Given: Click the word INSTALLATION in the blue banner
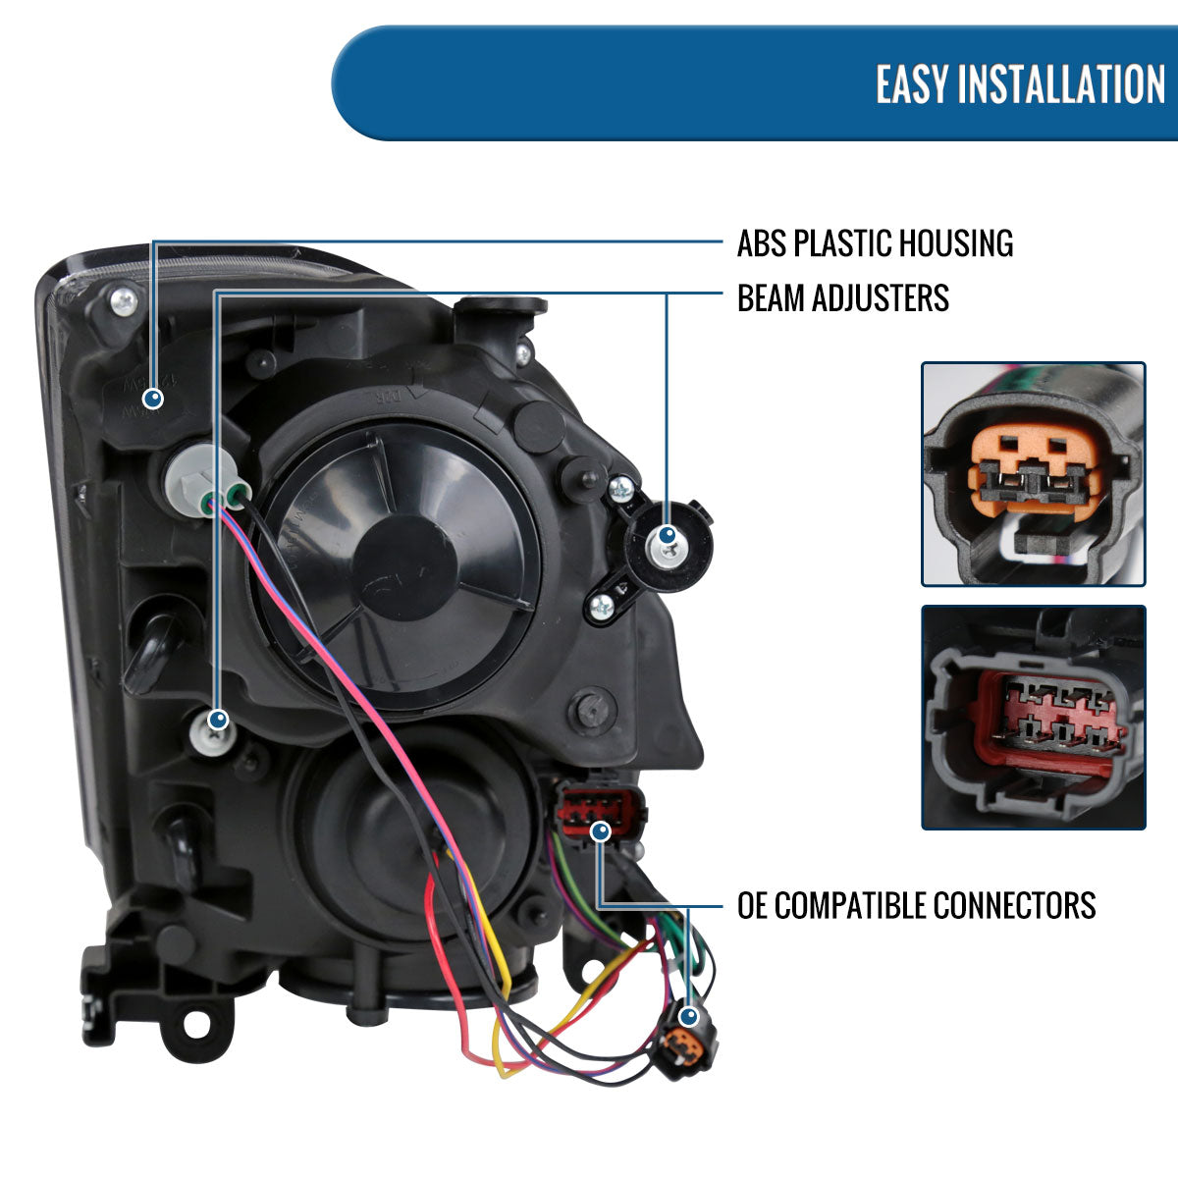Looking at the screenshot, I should point(1062,84).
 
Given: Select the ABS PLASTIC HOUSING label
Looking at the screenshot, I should point(875,243).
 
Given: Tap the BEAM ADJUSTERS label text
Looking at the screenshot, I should point(842,297).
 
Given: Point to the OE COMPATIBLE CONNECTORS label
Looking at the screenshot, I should point(916,905).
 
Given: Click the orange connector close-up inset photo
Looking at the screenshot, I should point(1033,474).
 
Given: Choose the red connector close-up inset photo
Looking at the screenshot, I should point(1033,717).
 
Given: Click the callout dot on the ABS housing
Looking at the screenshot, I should point(152,399).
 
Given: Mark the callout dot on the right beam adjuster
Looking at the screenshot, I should point(667,535).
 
